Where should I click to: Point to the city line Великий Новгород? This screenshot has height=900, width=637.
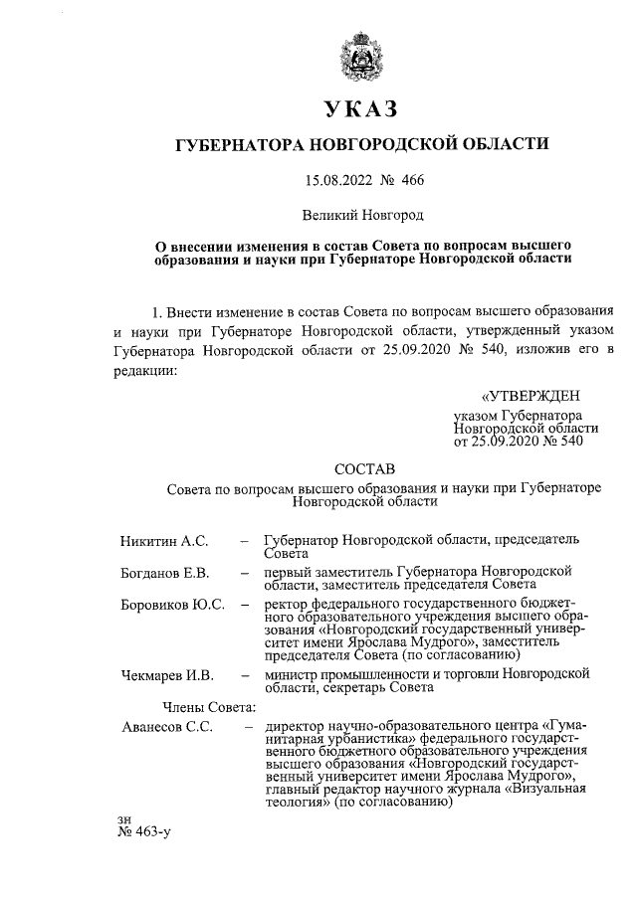coord(361,214)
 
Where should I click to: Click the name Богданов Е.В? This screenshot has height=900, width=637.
coord(164,573)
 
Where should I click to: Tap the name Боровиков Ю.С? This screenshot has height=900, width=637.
coord(171,605)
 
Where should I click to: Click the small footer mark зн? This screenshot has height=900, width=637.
coord(124,818)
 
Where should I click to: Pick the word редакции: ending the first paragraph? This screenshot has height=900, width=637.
coord(146,370)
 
